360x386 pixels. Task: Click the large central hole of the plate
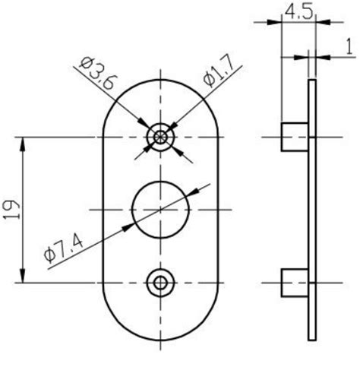(159, 208)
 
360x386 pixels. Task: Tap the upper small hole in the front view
(159, 137)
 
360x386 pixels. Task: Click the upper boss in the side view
(294, 137)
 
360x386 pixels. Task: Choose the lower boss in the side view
(294, 283)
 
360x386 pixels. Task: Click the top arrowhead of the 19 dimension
(23, 142)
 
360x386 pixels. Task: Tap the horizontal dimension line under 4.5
(295, 22)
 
